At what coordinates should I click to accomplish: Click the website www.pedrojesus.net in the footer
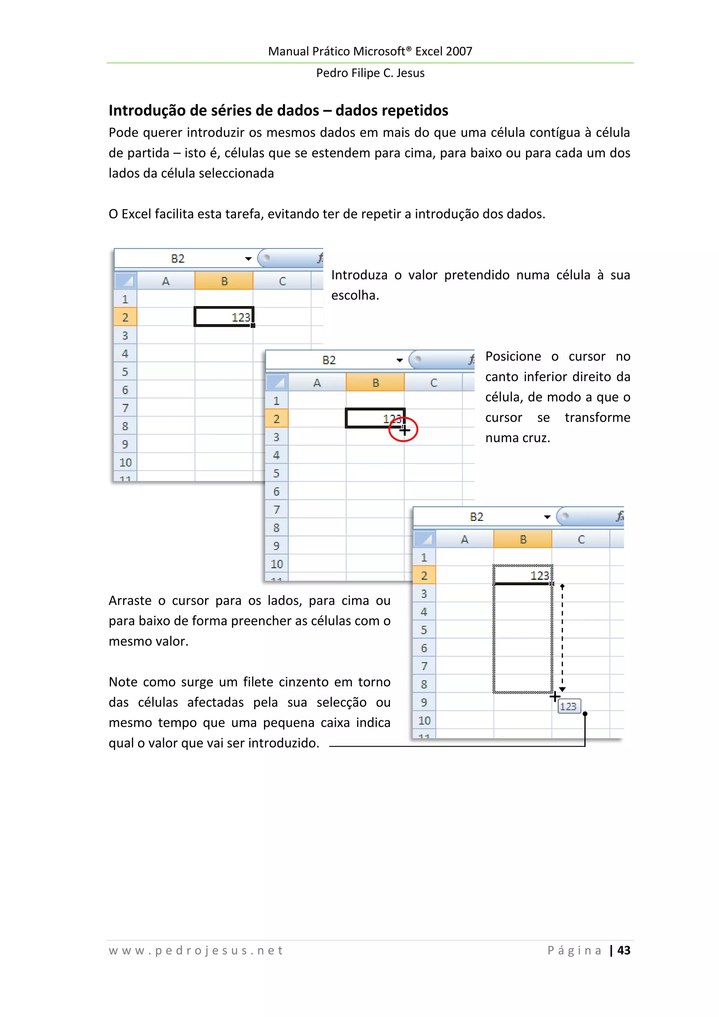tap(196, 951)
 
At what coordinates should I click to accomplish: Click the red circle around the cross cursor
tap(403, 429)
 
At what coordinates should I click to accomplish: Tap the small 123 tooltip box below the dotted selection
tap(569, 706)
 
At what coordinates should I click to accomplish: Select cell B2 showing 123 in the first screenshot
tap(224, 317)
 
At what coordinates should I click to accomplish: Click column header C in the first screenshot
tap(282, 281)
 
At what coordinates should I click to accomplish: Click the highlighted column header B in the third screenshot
tap(523, 540)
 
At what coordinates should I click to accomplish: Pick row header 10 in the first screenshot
tap(125, 462)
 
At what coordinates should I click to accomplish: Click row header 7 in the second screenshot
tap(276, 510)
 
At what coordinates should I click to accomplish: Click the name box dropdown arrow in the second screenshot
tap(399, 360)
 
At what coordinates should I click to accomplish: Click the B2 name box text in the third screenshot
tap(476, 517)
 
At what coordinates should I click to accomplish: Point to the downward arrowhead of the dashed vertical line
tap(562, 689)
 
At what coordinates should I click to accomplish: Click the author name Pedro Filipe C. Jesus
tap(370, 73)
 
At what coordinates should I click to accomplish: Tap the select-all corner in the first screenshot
tap(125, 281)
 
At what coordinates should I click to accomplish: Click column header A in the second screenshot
tap(317, 383)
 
